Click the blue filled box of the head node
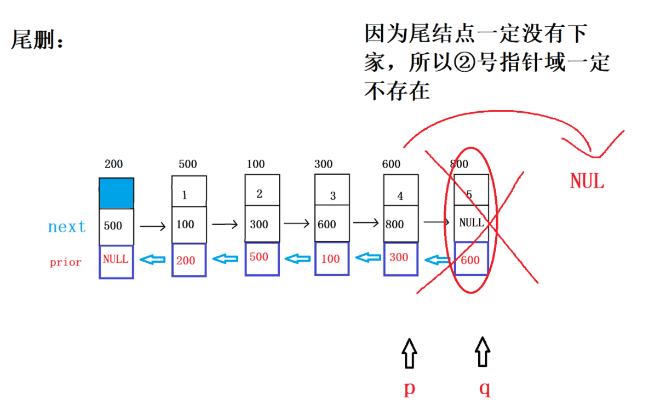116,193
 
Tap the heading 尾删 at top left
37,40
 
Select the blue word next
67,227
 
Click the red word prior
65,262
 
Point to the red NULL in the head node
116,260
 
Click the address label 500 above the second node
187,164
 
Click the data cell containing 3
332,195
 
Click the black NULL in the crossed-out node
471,222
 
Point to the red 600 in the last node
470,261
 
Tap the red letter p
409,388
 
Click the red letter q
484,388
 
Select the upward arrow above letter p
409,353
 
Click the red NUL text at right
587,181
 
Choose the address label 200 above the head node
113,164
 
